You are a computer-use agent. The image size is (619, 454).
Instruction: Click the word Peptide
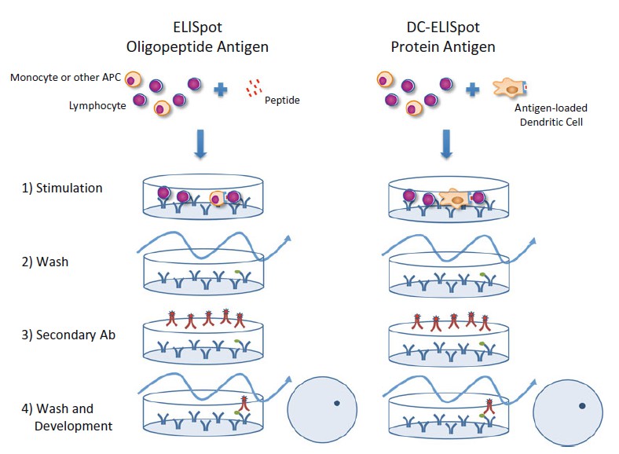point(283,101)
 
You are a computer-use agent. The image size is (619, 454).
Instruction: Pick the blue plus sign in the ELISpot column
point(221,90)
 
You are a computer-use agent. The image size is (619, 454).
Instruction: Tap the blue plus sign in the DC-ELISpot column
point(473,90)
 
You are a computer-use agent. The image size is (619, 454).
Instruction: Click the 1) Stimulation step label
point(63,189)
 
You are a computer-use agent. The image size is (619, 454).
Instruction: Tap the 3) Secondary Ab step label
point(68,335)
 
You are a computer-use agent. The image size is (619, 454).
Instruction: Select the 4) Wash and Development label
point(68,417)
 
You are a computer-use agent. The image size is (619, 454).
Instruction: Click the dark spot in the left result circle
point(336,403)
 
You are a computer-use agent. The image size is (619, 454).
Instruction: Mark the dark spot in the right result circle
point(582,406)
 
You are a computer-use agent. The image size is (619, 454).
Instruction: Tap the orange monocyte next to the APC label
point(134,79)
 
